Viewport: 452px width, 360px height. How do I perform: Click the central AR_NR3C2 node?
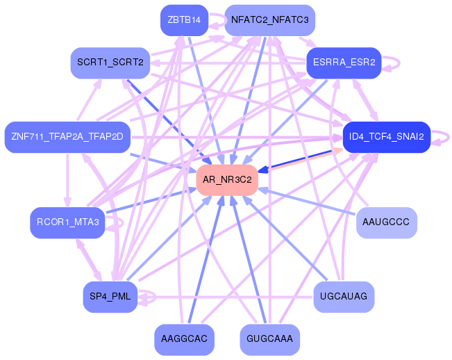tap(227, 180)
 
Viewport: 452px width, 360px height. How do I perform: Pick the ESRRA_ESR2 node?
tap(344, 63)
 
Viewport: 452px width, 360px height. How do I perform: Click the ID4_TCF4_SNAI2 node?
tap(387, 136)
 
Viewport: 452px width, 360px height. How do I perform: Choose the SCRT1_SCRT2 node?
tap(110, 63)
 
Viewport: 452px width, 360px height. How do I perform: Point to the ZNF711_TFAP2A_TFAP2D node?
tap(67, 136)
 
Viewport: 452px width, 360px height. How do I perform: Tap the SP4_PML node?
tap(110, 297)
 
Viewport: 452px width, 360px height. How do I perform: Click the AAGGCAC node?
tap(183, 339)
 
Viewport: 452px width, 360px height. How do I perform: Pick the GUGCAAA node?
tap(270, 339)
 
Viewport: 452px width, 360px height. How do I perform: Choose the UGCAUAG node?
tap(344, 297)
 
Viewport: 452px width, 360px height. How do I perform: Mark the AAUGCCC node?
tap(386, 222)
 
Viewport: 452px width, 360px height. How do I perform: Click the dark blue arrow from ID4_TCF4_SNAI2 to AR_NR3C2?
tap(299, 161)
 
